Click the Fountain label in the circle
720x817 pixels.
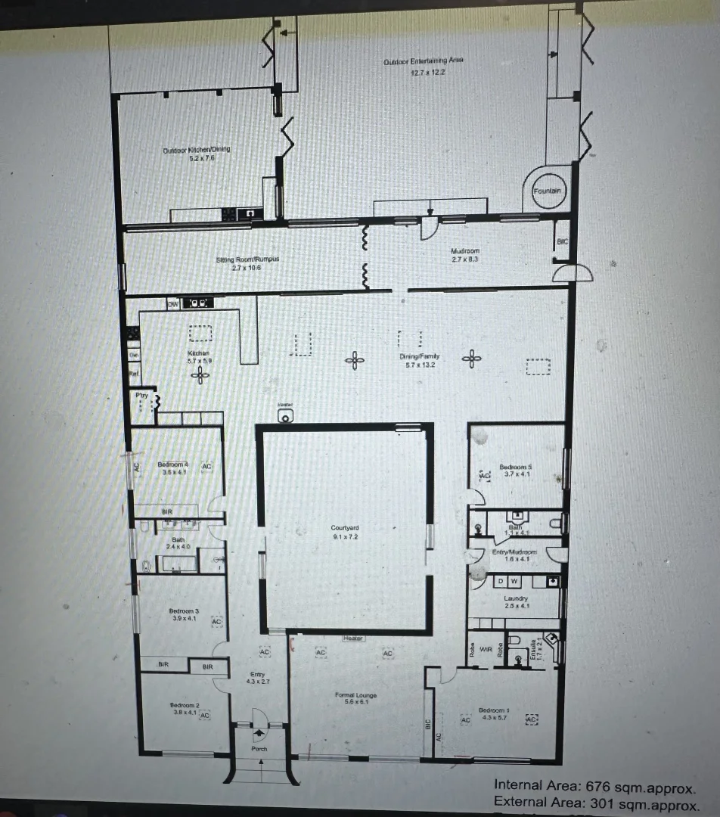coord(547,191)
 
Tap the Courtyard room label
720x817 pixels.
coord(345,528)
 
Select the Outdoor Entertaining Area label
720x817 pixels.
coord(424,61)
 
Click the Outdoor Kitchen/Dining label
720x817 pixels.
coord(197,150)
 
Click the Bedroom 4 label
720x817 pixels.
coord(173,464)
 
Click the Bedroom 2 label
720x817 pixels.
coord(185,704)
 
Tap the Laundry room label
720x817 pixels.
coord(516,598)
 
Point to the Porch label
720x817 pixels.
coord(259,749)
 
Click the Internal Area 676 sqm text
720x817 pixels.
coord(594,785)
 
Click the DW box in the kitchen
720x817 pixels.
coord(172,303)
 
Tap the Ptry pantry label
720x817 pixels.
coord(141,395)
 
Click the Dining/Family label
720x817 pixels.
coord(419,356)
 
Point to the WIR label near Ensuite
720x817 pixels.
coord(486,648)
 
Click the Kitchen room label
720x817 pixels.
coord(198,353)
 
